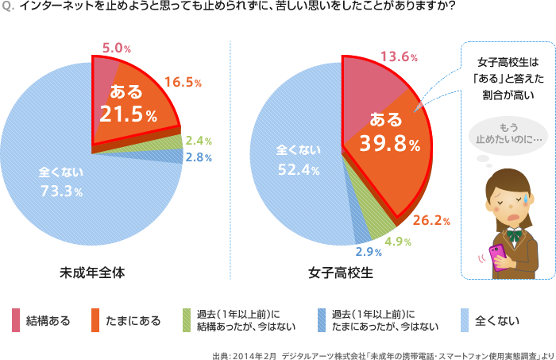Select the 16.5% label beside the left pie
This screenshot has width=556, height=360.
183,81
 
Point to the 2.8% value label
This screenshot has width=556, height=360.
198,157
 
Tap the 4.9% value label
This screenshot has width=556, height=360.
397,240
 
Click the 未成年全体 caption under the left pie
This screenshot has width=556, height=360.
93,273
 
